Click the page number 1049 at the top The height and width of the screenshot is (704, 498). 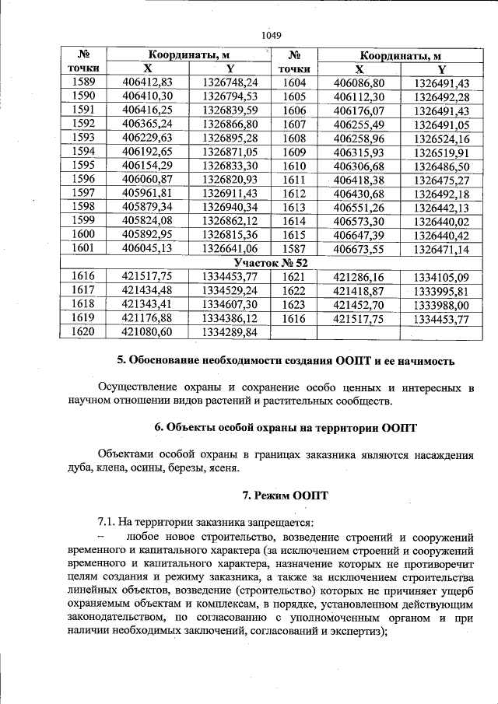(x=270, y=35)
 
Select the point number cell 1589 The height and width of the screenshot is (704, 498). (x=82, y=82)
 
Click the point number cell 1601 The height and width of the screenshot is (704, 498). (x=82, y=248)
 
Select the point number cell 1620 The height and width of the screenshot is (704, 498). (x=82, y=332)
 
